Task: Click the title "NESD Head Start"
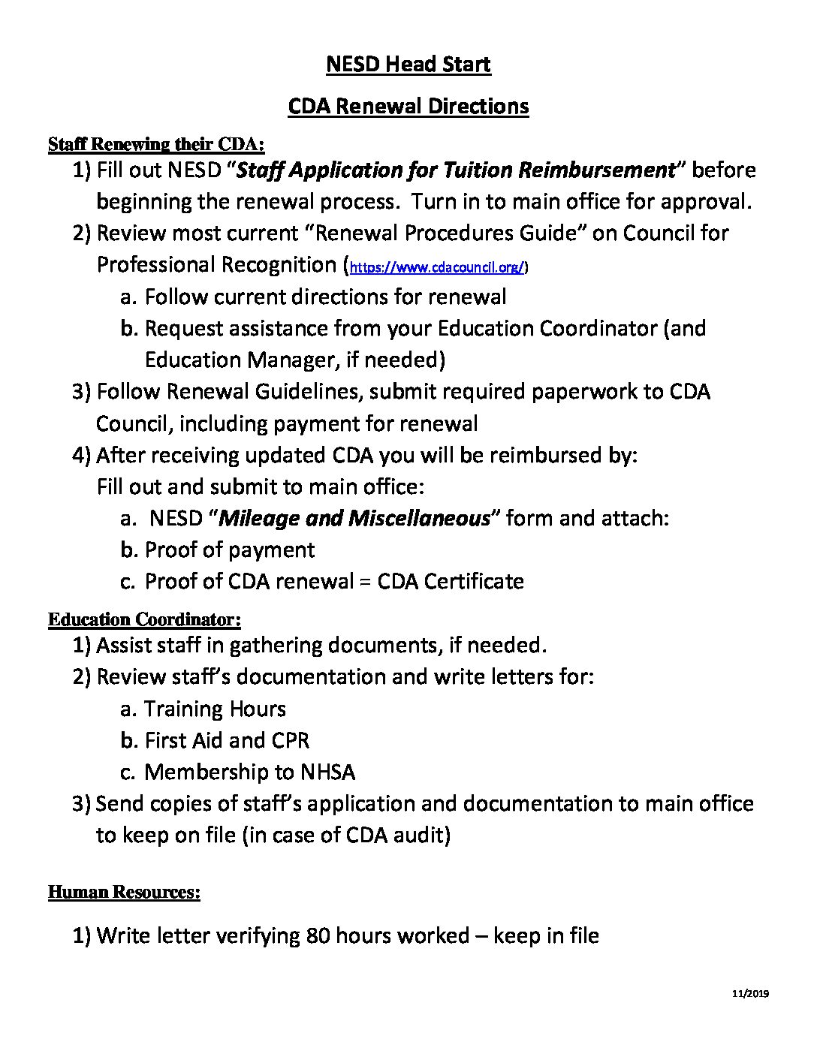[x=408, y=65]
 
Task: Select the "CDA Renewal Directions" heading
[x=408, y=106]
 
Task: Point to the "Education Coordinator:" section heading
[x=144, y=619]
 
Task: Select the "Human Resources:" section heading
[x=124, y=892]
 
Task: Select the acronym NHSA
[x=327, y=772]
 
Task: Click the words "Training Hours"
[x=215, y=709]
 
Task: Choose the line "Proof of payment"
[x=230, y=550]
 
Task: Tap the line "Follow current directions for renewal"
[x=325, y=297]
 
